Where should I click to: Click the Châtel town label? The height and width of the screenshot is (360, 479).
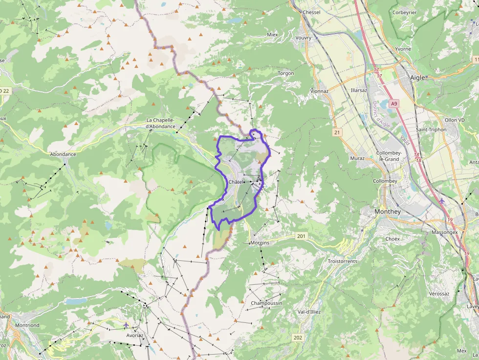coord(236,182)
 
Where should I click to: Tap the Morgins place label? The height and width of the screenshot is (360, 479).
coord(260,243)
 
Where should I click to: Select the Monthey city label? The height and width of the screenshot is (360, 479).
coord(387,212)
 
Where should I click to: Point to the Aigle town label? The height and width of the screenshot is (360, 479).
coord(417,77)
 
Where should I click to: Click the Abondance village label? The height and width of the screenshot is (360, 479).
coord(63,154)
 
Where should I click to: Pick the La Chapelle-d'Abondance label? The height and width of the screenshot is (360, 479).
coord(161,123)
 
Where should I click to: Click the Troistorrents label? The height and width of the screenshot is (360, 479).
coord(342,261)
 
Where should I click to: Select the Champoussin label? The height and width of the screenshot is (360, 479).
coord(266,303)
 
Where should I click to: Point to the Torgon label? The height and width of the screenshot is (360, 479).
coord(286,73)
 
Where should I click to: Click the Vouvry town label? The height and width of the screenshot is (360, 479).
coord(304,38)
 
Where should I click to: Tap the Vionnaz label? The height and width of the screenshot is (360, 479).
coord(319,91)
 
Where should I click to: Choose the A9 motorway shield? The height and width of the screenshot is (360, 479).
coord(394,104)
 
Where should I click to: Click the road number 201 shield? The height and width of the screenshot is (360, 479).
coord(301,236)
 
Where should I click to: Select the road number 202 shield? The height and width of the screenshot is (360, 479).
coord(298,338)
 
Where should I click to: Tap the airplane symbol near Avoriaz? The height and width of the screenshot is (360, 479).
coord(126,325)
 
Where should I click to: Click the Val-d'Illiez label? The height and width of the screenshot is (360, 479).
coord(309,312)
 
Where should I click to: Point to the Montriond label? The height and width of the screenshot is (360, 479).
coord(27,325)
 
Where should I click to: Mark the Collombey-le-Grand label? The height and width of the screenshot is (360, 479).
coord(389,156)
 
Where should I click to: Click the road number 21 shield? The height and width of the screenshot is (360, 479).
coord(337,132)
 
